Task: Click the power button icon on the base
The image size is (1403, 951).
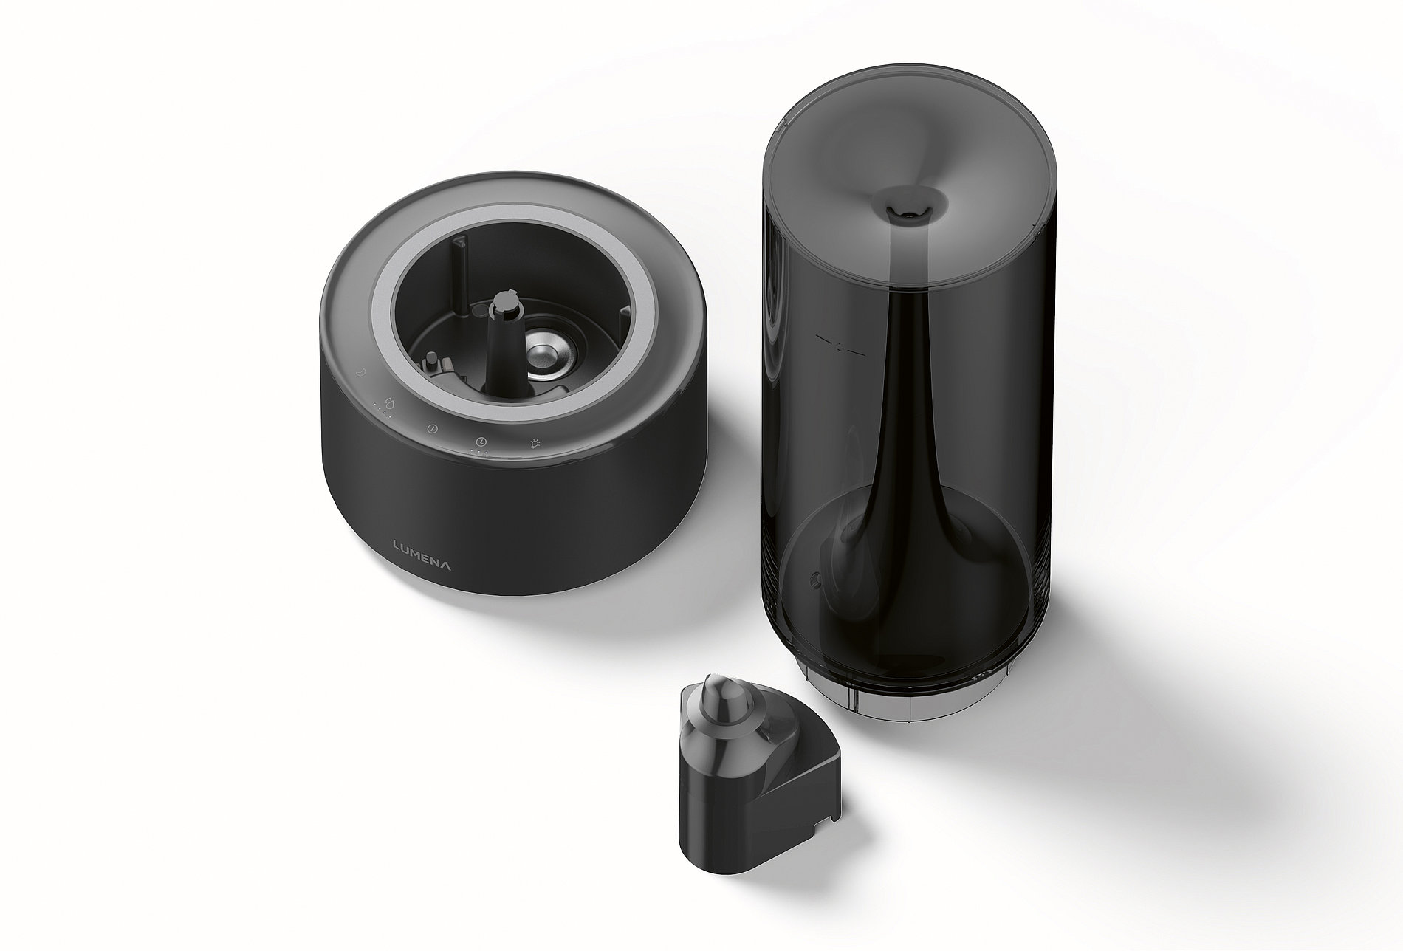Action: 433,428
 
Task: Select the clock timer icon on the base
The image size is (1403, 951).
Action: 481,442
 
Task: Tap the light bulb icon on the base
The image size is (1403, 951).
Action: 535,444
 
